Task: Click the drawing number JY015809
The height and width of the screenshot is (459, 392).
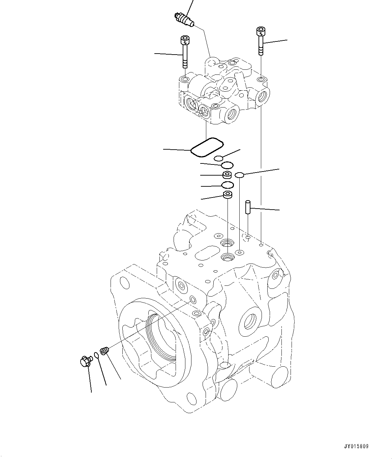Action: pyautogui.click(x=356, y=446)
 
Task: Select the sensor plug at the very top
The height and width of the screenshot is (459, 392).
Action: pyautogui.click(x=184, y=19)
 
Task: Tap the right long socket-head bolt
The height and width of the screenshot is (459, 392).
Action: pyautogui.click(x=261, y=41)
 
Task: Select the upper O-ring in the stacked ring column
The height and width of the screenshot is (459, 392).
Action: pyautogui.click(x=228, y=165)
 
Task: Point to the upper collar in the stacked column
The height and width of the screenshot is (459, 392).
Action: pyautogui.click(x=228, y=175)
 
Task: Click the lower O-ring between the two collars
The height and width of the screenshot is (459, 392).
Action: pyautogui.click(x=228, y=185)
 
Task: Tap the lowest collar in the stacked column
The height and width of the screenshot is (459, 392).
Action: pyautogui.click(x=228, y=195)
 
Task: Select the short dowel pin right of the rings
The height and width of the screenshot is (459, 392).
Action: pyautogui.click(x=248, y=207)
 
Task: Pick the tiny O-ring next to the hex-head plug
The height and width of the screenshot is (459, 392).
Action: pyautogui.click(x=96, y=355)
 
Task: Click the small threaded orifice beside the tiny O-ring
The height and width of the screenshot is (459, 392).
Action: pyautogui.click(x=104, y=351)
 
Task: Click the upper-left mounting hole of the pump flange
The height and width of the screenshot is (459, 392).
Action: pyautogui.click(x=124, y=282)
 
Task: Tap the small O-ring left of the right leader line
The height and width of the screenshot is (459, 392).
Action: pyautogui.click(x=239, y=175)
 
